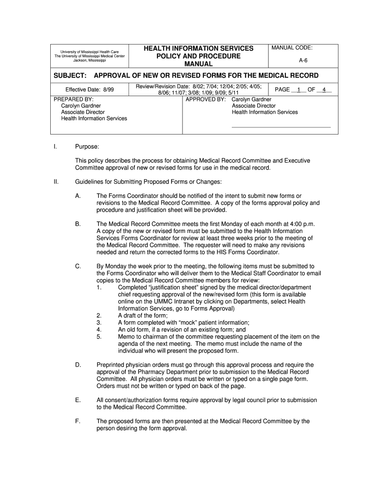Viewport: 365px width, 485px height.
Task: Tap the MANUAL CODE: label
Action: (x=292, y=48)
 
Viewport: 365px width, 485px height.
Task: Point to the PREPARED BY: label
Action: (x=74, y=99)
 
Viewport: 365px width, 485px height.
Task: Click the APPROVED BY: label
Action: (x=205, y=99)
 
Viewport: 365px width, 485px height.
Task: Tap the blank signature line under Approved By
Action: (x=281, y=127)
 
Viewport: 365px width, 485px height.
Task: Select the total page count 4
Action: (x=324, y=90)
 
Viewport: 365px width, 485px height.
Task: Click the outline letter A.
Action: (x=77, y=196)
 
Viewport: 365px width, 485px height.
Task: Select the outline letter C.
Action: (x=77, y=267)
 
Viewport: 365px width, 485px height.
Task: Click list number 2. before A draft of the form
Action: (x=99, y=316)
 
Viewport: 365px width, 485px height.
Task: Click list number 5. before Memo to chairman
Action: (x=99, y=337)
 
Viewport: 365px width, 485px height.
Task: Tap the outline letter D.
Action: (x=77, y=365)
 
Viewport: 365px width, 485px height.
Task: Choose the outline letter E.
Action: (x=77, y=400)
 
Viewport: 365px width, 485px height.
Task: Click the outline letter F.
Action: (x=77, y=421)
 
